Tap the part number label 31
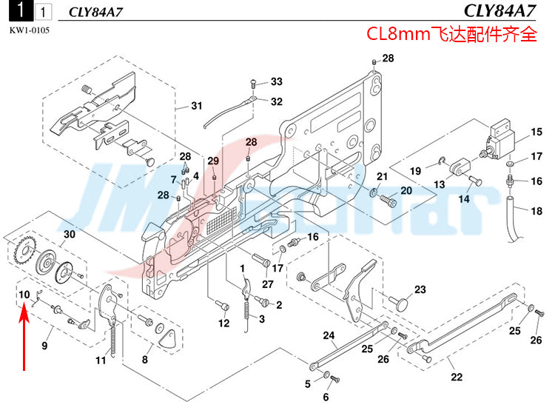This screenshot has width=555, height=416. tap(196, 106)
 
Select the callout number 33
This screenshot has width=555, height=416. tap(277, 81)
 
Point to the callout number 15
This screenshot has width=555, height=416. tap(536, 132)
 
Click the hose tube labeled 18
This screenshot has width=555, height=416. tap(513, 220)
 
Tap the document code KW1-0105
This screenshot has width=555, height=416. tap(30, 30)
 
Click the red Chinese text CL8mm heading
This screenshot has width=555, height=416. tap(451, 34)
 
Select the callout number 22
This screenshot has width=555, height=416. tap(457, 377)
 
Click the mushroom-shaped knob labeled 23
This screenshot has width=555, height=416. tap(399, 303)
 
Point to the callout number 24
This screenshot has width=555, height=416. tap(329, 335)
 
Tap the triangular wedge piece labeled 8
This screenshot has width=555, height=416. tap(167, 338)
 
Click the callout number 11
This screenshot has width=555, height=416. tap(101, 360)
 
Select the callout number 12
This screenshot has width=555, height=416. tap(223, 323)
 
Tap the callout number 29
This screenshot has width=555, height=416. tap(212, 161)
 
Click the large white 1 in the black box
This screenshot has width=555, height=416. tap(21, 10)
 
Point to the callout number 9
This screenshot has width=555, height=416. tap(44, 346)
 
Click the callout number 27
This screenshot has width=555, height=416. tap(268, 284)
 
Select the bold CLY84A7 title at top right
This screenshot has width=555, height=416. tap(499, 10)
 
